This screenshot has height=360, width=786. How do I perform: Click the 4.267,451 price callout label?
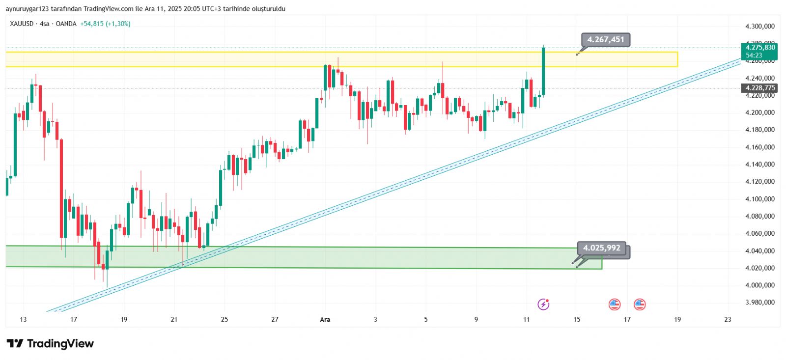click(x=606, y=40)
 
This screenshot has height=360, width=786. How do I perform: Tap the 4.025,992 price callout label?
click(x=602, y=248)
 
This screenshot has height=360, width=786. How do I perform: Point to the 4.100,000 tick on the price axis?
click(x=760, y=199)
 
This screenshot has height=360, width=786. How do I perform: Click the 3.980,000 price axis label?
click(x=760, y=303)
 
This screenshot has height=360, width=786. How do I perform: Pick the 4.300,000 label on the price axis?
click(x=760, y=27)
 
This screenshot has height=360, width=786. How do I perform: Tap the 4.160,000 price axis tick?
click(x=760, y=147)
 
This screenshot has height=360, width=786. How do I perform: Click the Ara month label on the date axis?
click(x=325, y=320)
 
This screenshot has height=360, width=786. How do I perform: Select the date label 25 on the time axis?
click(x=225, y=320)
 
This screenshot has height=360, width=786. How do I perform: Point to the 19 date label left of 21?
click(x=124, y=320)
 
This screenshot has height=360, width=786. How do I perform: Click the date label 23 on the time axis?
click(x=728, y=320)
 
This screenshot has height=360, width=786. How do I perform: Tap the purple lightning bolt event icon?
click(x=543, y=305)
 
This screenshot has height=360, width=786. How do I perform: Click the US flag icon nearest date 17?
click(x=639, y=305)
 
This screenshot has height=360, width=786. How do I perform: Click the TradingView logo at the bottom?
click(x=50, y=344)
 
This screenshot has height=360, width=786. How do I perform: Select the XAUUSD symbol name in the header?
click(x=22, y=24)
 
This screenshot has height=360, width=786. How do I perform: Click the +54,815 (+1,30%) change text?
click(x=105, y=24)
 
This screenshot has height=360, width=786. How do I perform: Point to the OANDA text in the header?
click(x=66, y=24)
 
